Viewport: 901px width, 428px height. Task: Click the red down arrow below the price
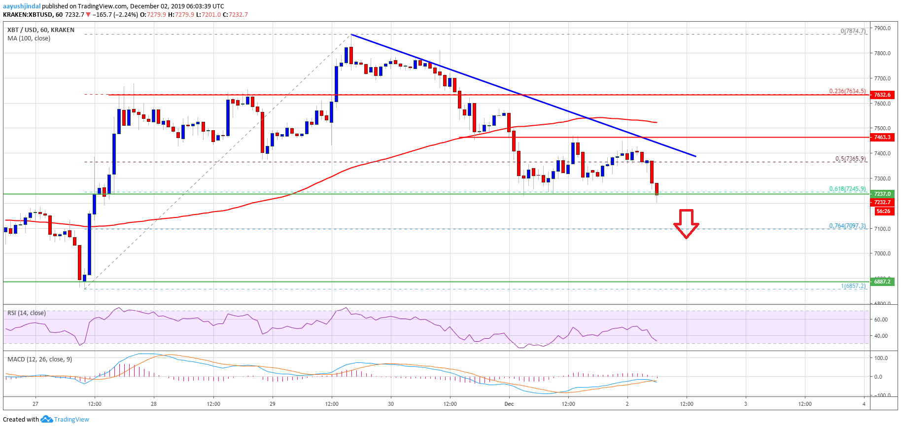pyautogui.click(x=686, y=223)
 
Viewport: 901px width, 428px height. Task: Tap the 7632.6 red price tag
pyautogui.click(x=882, y=95)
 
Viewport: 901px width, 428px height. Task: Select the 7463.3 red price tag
pyautogui.click(x=882, y=137)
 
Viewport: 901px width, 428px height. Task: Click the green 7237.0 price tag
pyautogui.click(x=882, y=194)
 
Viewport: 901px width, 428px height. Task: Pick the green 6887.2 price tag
pyautogui.click(x=882, y=282)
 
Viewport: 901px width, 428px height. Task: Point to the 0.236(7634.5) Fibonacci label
pyautogui.click(x=847, y=91)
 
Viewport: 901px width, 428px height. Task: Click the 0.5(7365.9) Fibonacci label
pyautogui.click(x=850, y=159)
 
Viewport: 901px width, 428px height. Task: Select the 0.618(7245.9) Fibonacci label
pyautogui.click(x=847, y=189)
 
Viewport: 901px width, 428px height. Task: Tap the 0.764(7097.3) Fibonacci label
pyautogui.click(x=847, y=226)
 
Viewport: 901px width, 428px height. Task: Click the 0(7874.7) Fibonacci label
pyautogui.click(x=853, y=31)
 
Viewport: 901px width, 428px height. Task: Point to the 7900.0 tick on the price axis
pyautogui.click(x=882, y=28)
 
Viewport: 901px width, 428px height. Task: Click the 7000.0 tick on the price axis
pyautogui.click(x=882, y=253)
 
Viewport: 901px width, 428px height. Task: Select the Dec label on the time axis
pyautogui.click(x=509, y=404)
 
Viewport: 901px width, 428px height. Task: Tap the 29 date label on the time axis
pyautogui.click(x=273, y=404)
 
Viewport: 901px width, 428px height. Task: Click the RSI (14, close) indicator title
pyautogui.click(x=27, y=313)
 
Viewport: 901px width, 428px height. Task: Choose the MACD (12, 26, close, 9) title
pyautogui.click(x=39, y=359)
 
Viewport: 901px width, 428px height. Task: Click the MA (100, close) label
pyautogui.click(x=29, y=38)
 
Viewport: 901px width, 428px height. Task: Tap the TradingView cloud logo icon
pyautogui.click(x=46, y=419)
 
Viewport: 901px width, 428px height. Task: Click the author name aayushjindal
pyautogui.click(x=22, y=6)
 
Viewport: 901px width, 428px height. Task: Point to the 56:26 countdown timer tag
pyautogui.click(x=883, y=211)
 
